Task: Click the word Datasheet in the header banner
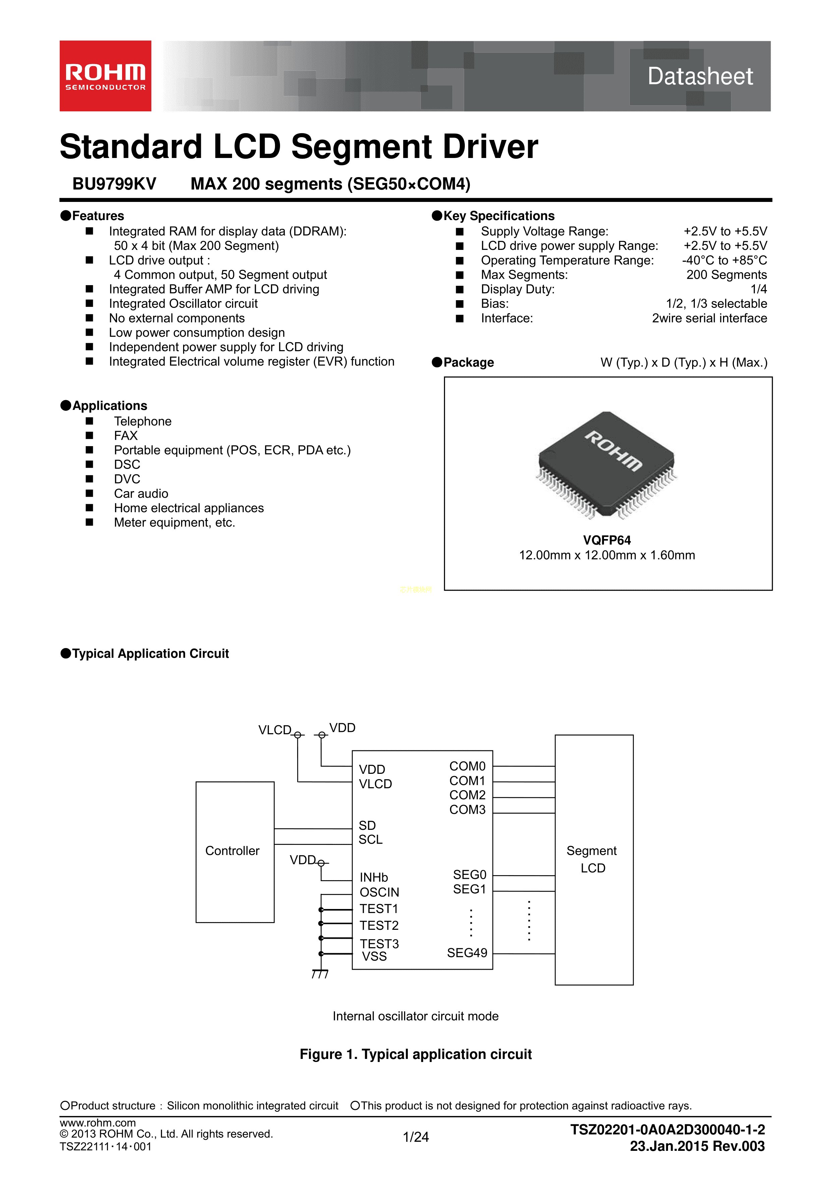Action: tap(700, 76)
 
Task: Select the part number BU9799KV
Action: tap(114, 183)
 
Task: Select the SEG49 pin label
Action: tap(467, 953)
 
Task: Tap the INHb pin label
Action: tap(374, 877)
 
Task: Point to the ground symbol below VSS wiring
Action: tap(320, 973)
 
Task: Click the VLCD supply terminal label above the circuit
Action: tap(275, 730)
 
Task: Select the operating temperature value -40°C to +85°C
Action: tap(724, 260)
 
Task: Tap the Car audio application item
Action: tap(141, 494)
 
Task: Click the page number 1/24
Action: tap(416, 1137)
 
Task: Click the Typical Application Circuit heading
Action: tap(150, 654)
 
